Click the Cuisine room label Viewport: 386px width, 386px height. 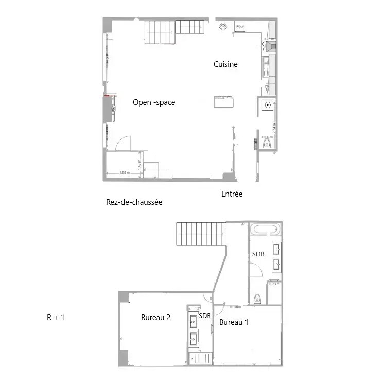[x=225, y=64]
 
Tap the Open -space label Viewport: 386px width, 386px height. [x=154, y=102]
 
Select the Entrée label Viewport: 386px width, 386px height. [x=232, y=194]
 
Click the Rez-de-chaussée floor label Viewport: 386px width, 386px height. [x=134, y=202]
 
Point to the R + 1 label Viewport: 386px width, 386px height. [x=56, y=318]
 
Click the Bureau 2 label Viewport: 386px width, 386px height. [x=156, y=318]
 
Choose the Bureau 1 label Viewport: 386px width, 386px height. [x=234, y=323]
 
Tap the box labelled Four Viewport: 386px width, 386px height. [x=240, y=26]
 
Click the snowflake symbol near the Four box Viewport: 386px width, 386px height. [x=223, y=26]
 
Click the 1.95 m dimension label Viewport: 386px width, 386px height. [x=123, y=173]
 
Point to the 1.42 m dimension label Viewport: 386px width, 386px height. [x=139, y=164]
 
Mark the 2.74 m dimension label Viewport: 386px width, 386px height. [x=275, y=128]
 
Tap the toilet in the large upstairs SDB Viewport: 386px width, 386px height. [x=257, y=299]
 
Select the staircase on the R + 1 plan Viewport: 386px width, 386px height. [x=201, y=235]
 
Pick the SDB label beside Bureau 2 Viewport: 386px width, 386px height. [x=205, y=315]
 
